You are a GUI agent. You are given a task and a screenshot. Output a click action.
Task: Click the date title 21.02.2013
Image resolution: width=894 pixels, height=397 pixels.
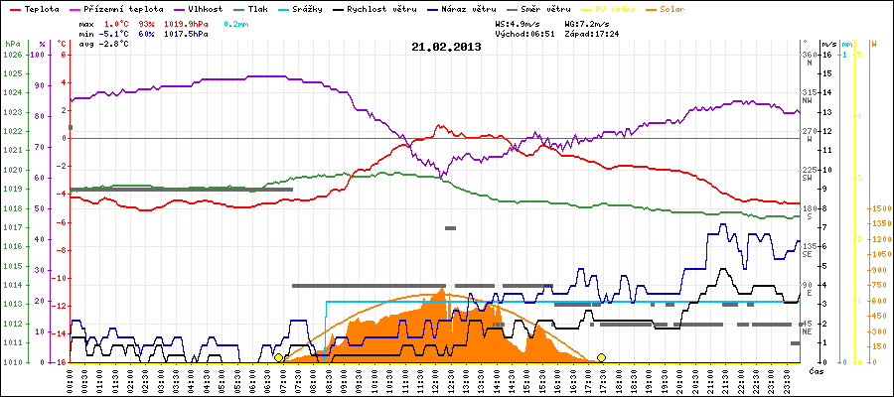447,47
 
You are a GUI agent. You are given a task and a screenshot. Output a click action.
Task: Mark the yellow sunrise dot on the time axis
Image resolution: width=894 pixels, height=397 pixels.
278,357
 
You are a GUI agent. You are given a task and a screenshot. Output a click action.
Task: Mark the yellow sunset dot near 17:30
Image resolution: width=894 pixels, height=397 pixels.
601,357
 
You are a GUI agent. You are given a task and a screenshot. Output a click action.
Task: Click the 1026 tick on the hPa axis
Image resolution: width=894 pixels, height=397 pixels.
12,56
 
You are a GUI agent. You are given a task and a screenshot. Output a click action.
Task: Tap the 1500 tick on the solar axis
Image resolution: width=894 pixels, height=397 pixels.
879,209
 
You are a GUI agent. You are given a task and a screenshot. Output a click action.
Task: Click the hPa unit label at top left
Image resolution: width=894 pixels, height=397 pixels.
12,44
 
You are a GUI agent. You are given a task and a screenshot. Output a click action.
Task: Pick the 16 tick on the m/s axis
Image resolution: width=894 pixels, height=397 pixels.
826,56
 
